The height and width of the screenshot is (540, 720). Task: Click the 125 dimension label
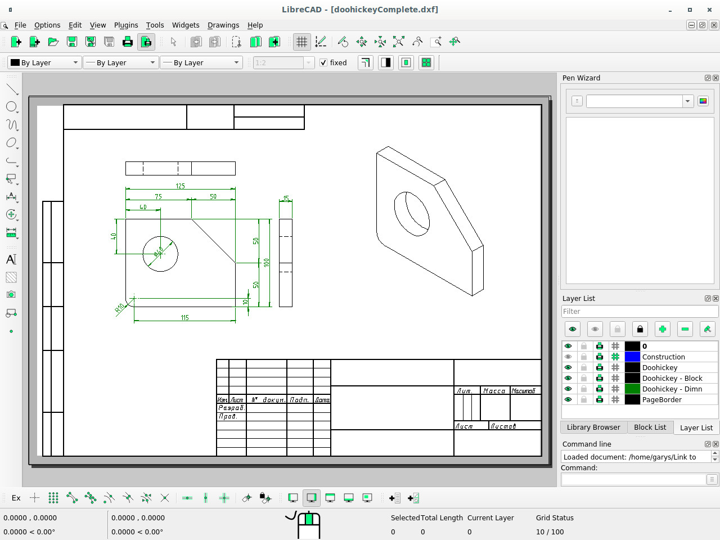180,186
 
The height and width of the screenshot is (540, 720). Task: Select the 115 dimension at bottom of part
184,318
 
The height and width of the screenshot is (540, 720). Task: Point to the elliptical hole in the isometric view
412,214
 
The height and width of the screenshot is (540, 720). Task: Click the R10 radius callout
120,308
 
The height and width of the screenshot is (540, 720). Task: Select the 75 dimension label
158,196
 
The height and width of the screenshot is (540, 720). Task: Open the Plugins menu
126,25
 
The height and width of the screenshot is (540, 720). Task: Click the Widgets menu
186,25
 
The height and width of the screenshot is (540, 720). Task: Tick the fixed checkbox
323,62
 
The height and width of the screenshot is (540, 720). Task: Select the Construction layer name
663,357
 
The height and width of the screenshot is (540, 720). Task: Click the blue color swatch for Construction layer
632,357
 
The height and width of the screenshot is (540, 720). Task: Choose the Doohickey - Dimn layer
672,389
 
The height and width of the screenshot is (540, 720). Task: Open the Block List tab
650,427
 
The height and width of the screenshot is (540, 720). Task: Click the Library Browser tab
593,427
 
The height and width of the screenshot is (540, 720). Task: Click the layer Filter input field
640,311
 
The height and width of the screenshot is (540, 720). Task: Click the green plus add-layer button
662,329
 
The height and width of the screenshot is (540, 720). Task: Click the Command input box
633,479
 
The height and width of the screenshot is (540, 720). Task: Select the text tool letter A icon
11,259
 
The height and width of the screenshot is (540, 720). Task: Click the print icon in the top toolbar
128,42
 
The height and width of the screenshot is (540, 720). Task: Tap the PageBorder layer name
661,399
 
